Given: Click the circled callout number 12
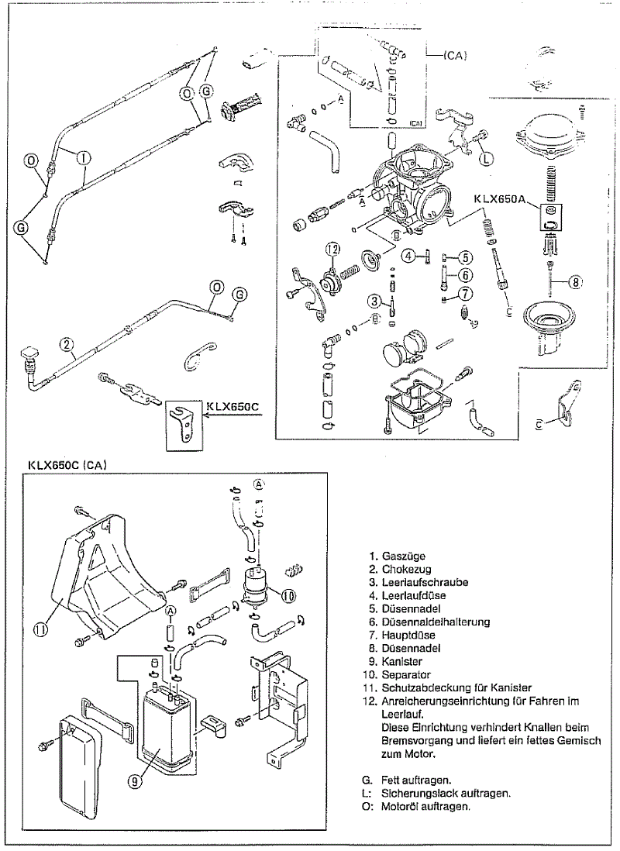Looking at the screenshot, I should pos(332,250).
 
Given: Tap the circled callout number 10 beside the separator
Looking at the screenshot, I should pos(288,596).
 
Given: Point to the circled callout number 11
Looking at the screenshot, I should pos(41,629).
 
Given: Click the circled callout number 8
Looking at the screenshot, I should pos(574,282).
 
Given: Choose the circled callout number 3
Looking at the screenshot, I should pos(374,301).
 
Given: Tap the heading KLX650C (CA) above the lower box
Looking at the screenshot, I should pos(67,466).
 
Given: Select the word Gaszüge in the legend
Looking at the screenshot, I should pos(403,556).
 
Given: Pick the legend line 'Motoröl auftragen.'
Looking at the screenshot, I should pos(426,806).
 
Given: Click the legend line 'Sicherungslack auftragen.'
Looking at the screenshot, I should pos(446,793).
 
